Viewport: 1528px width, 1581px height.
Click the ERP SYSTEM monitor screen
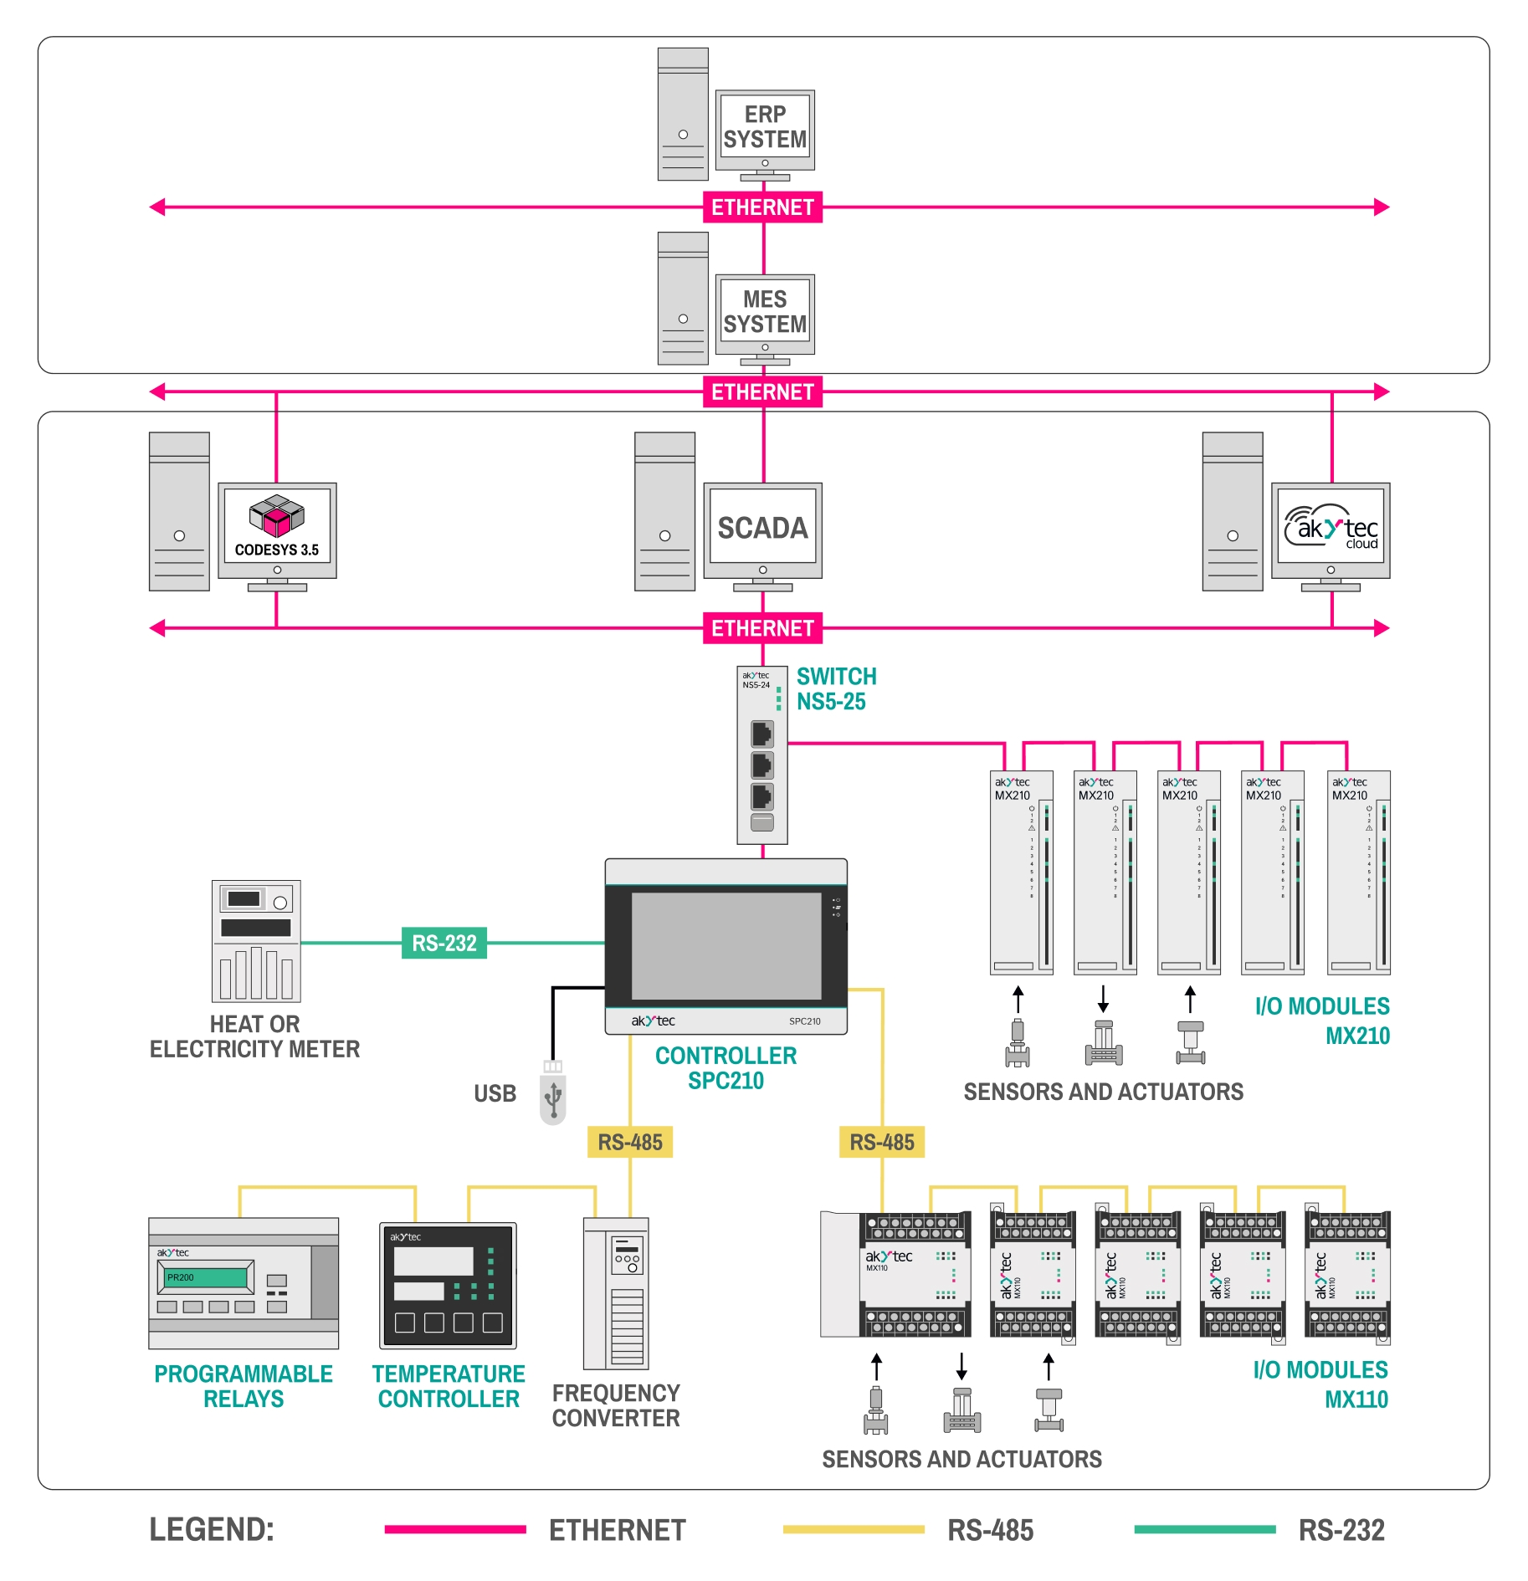[764, 127]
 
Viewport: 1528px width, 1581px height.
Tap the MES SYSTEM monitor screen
[764, 312]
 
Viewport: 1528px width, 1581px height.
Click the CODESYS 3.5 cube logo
[277, 515]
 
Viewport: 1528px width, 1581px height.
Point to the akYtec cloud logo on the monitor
[1331, 527]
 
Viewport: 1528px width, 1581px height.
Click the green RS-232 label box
[444, 943]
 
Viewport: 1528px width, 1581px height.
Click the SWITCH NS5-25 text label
[836, 688]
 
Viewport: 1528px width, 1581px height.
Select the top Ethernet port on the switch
[761, 734]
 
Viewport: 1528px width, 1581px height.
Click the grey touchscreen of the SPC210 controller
[726, 945]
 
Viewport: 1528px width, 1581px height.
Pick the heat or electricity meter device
[256, 941]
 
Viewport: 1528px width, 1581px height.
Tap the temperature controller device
[448, 1286]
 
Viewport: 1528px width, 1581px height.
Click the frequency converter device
[616, 1292]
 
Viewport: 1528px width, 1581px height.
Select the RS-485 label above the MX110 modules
[881, 1142]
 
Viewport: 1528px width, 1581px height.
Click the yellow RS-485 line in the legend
[854, 1529]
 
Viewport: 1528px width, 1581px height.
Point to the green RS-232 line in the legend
[1204, 1529]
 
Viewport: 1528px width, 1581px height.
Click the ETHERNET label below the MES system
[762, 391]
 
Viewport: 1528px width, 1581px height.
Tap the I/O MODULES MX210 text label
[1322, 1021]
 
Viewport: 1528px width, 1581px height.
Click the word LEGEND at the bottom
[212, 1529]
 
